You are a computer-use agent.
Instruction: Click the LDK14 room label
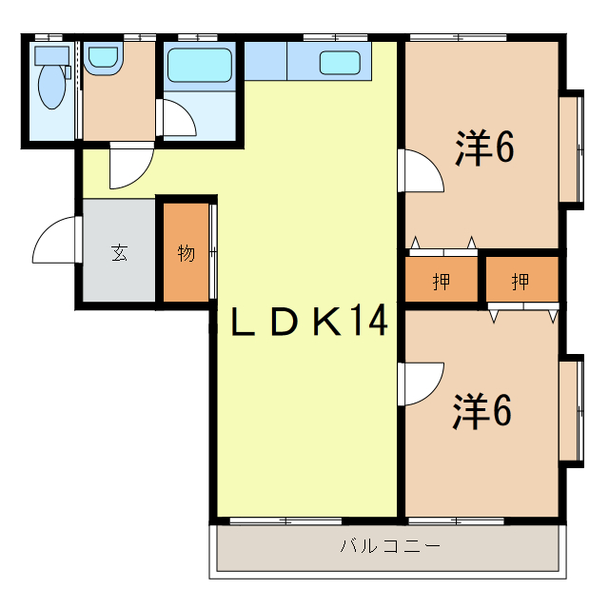[x=309, y=324]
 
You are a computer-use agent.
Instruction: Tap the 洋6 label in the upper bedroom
[x=484, y=147]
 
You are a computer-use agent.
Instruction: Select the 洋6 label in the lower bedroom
[x=483, y=411]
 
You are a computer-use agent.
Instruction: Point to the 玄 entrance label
[x=119, y=253]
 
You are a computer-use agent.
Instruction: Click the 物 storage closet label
[x=186, y=254]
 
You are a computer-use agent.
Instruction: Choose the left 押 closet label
[x=442, y=282]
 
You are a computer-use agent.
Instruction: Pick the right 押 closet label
[x=521, y=282]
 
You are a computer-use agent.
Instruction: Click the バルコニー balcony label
[x=390, y=547]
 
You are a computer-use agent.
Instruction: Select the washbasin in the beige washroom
[x=101, y=61]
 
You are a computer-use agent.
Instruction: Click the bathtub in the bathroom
[x=199, y=66]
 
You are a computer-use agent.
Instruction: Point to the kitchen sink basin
[x=339, y=63]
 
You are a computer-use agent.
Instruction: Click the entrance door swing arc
[x=55, y=242]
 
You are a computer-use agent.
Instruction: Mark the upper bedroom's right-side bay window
[x=571, y=147]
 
